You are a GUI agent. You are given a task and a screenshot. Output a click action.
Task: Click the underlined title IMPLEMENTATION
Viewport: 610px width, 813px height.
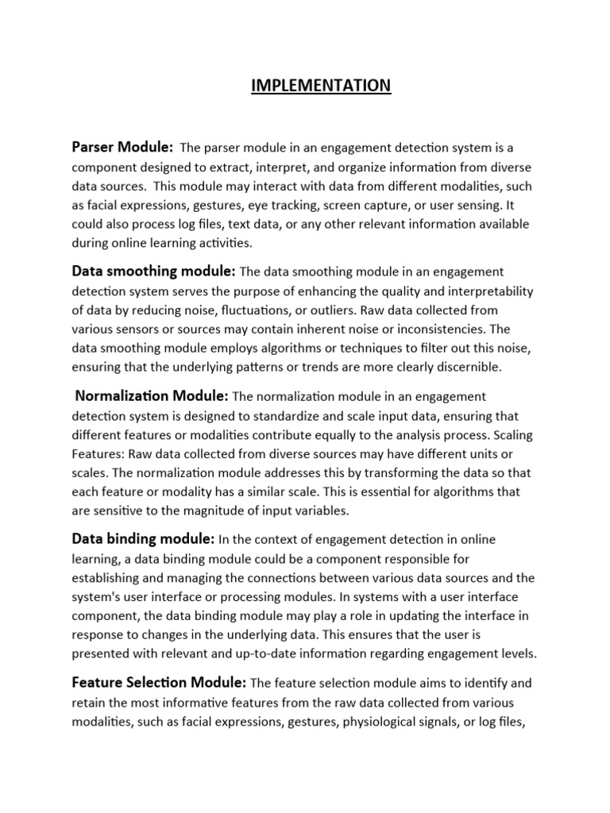(x=321, y=85)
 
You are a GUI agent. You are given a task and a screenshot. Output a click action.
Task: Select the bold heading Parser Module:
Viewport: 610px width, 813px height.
(x=123, y=147)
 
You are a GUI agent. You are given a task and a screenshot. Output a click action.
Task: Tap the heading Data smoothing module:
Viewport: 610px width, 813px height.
(x=153, y=272)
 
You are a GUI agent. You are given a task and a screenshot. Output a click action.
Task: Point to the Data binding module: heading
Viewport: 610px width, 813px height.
(x=143, y=539)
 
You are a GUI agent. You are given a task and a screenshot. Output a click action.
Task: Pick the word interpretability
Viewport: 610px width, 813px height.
(x=485, y=291)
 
